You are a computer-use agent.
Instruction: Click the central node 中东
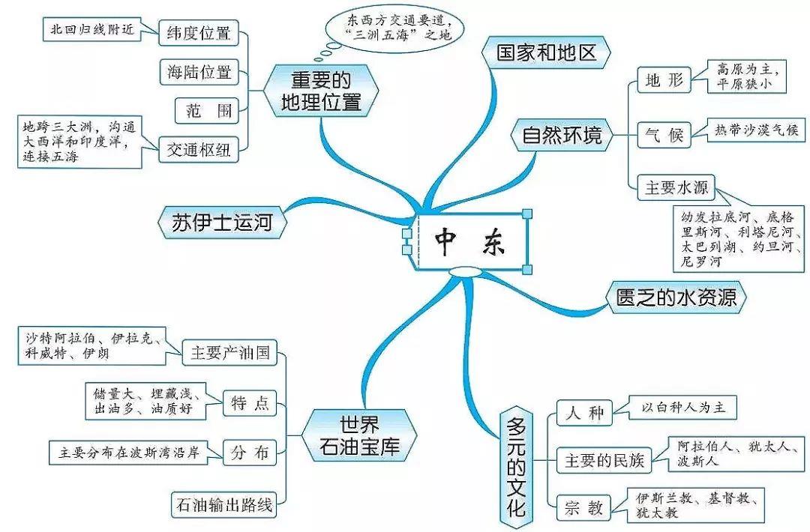coord(472,241)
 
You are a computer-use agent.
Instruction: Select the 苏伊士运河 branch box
coord(222,223)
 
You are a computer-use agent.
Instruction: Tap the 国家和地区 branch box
coord(546,52)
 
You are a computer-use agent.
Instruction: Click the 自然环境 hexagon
coord(562,135)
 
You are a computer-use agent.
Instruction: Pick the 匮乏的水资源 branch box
coord(676,297)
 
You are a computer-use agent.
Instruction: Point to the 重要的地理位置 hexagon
coord(321,91)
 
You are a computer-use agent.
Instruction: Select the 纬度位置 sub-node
coord(199,32)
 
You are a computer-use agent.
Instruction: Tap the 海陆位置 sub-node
coord(199,72)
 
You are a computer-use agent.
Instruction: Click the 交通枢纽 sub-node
coord(199,150)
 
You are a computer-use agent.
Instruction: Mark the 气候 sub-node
coord(664,135)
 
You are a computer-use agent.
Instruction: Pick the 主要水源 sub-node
coord(676,187)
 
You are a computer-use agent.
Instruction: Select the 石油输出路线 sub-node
coord(223,504)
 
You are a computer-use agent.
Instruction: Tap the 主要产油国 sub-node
coord(230,352)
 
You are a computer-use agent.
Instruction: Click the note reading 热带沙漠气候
coord(756,130)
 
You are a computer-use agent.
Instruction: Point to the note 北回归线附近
coord(92,29)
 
